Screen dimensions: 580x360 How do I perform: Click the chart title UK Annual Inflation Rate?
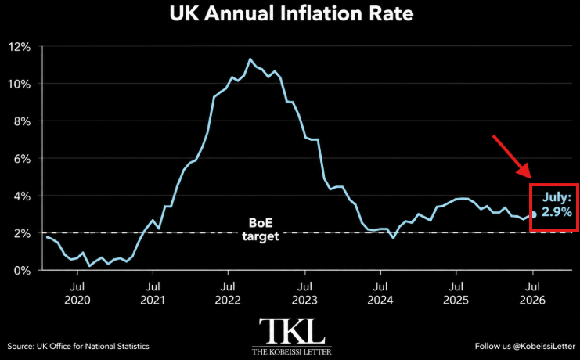(291, 13)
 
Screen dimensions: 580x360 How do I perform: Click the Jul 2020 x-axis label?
(77, 293)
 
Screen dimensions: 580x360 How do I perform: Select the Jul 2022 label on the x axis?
(228, 293)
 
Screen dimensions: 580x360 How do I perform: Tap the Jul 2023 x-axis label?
(304, 293)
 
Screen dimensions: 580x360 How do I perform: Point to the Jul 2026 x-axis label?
(533, 293)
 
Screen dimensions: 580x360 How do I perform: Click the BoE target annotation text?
(261, 229)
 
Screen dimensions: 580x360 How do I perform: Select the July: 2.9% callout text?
(557, 204)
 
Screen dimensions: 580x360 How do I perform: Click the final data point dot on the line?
(533, 214)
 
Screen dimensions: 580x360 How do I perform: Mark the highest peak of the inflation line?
(250, 59)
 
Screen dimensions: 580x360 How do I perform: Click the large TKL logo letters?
(292, 331)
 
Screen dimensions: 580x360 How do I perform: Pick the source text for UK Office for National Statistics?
(78, 347)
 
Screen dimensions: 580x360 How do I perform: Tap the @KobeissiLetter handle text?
(544, 347)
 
